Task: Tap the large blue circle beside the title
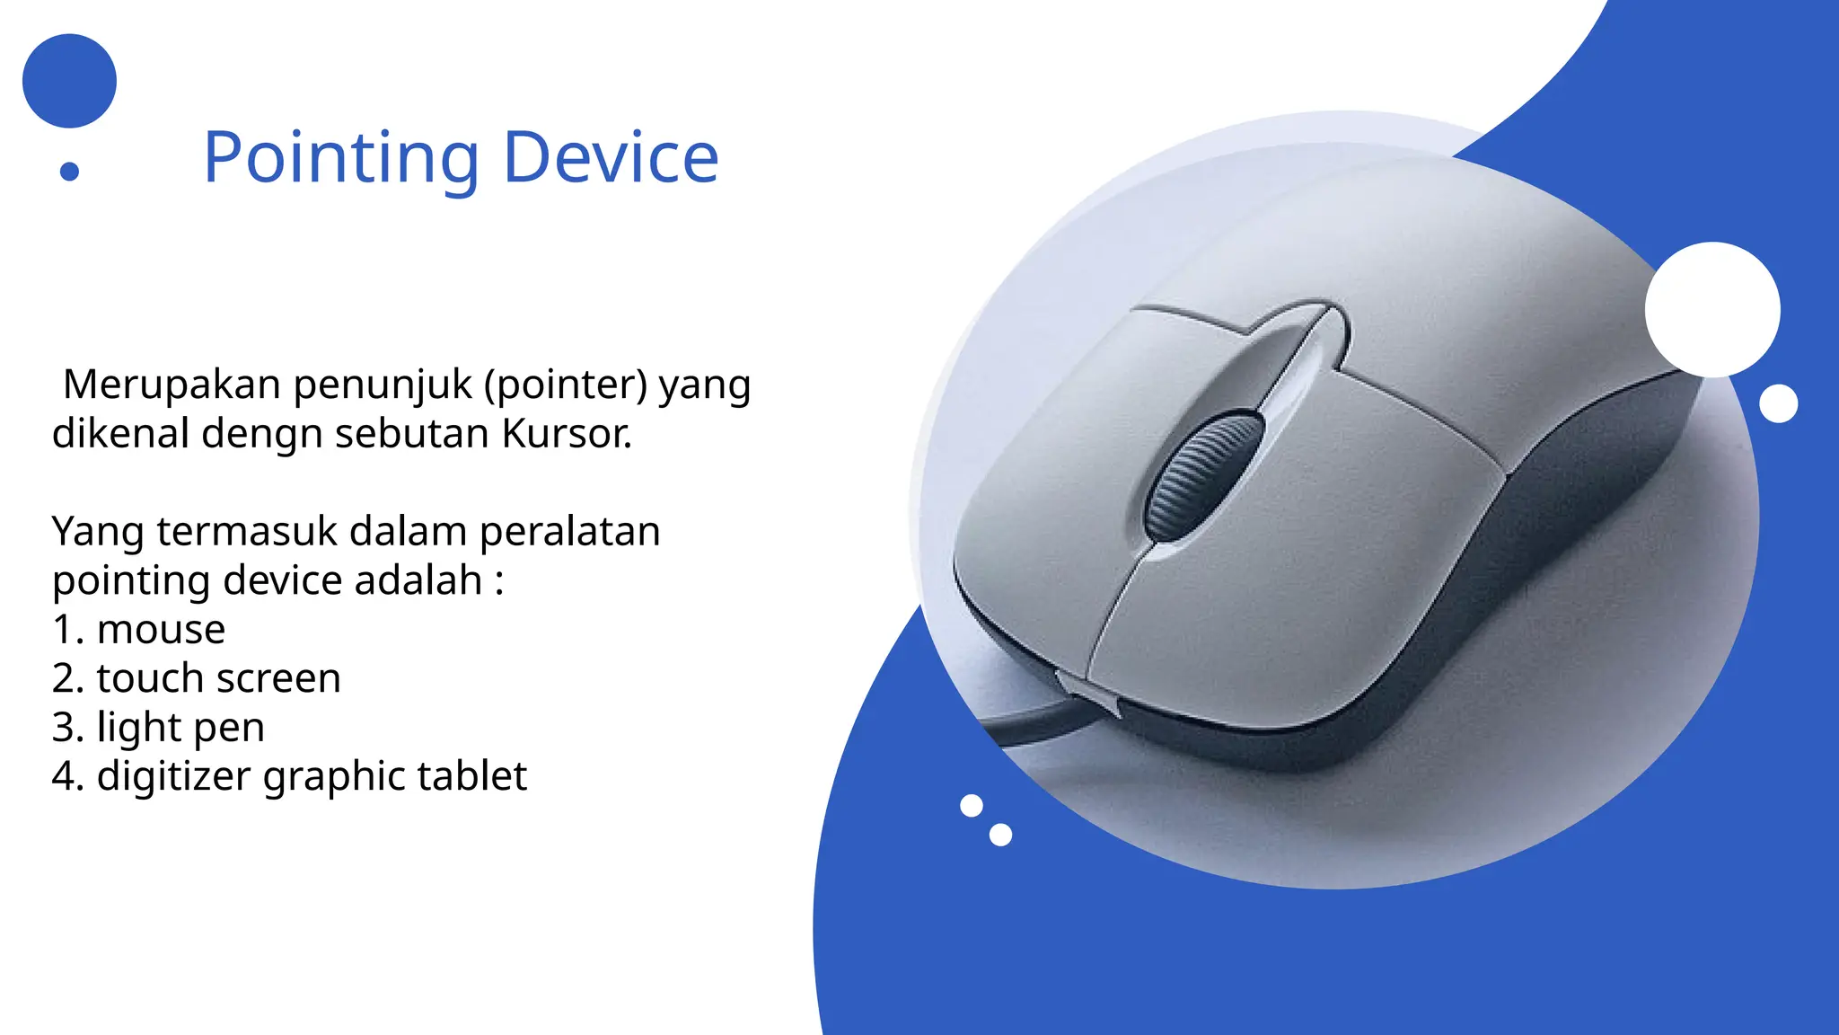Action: tap(69, 81)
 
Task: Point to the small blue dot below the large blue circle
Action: tap(69, 171)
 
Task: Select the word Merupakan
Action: tap(172, 385)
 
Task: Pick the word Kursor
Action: tap(567, 434)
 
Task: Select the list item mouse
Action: tap(161, 630)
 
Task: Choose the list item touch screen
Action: tap(218, 678)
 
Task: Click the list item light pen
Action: tap(180, 728)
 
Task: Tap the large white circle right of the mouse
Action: tap(1712, 309)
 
